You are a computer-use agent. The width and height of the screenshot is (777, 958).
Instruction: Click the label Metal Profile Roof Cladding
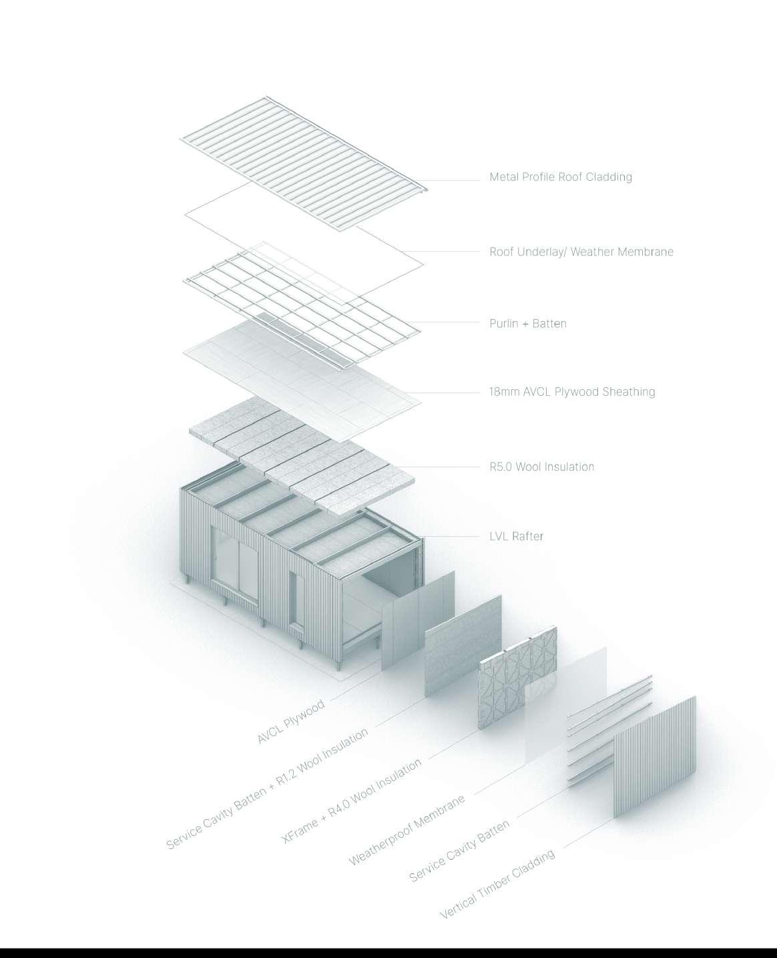(560, 177)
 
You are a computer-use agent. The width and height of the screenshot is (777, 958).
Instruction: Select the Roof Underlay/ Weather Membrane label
(581, 252)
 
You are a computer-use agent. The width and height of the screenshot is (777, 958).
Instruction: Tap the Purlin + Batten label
(527, 324)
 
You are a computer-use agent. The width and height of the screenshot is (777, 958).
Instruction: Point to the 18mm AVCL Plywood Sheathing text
(572, 392)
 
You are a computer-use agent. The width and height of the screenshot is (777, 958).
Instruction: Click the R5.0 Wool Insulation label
(541, 467)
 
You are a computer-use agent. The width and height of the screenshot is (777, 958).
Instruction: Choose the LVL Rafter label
(516, 536)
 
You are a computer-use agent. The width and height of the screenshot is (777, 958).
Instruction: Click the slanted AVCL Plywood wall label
(291, 722)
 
